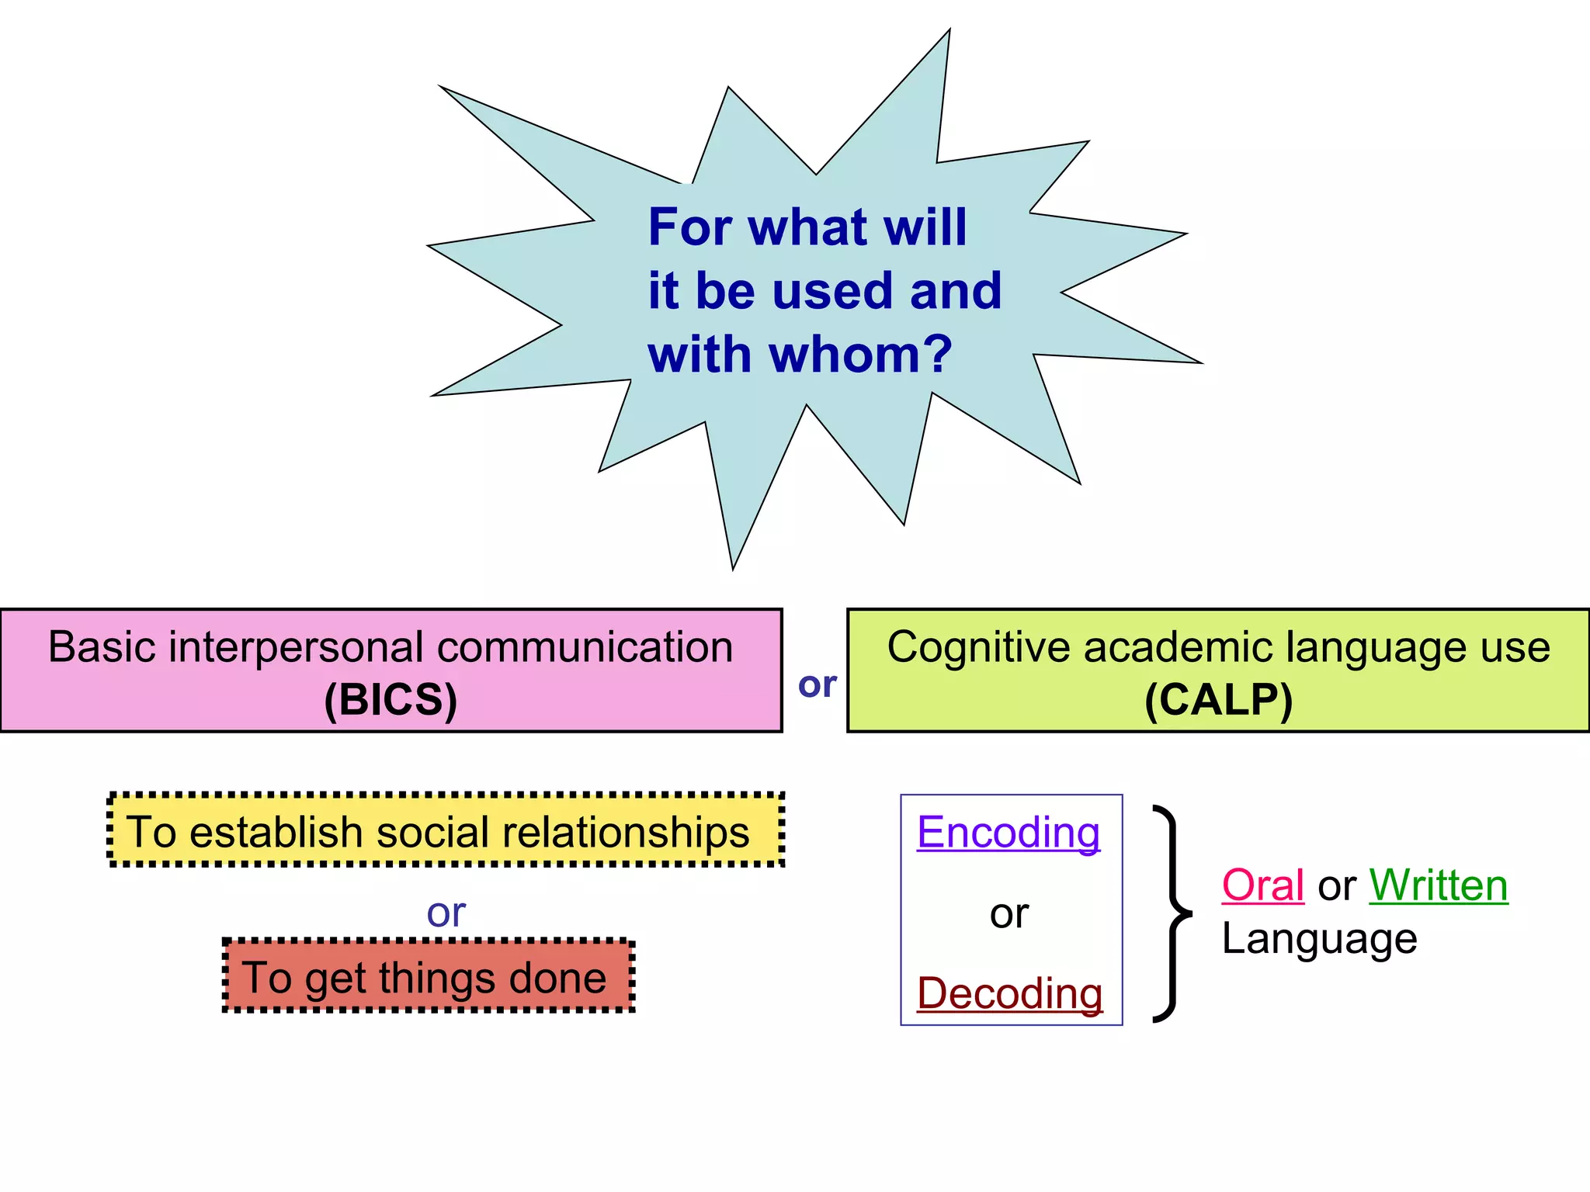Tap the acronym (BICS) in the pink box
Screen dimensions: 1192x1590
391,700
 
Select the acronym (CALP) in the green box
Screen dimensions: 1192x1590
1218,700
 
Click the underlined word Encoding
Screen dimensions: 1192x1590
1009,833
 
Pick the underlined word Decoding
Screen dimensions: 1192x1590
1009,993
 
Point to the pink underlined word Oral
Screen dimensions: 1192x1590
1262,885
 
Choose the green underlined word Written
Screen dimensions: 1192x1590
1438,885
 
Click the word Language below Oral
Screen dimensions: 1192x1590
1319,939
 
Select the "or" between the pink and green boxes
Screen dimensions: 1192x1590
817,684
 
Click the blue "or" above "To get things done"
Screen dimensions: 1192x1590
446,913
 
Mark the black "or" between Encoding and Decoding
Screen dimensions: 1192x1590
1009,914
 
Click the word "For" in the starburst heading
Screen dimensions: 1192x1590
689,227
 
